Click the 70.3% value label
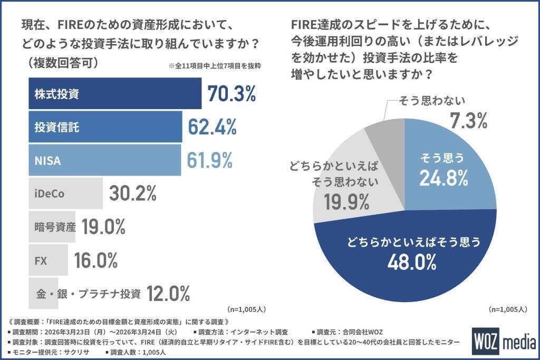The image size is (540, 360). (232, 94)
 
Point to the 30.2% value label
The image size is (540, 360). (132, 193)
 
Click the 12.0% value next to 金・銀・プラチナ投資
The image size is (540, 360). (168, 293)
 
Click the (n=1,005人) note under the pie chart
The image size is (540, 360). (508, 309)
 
